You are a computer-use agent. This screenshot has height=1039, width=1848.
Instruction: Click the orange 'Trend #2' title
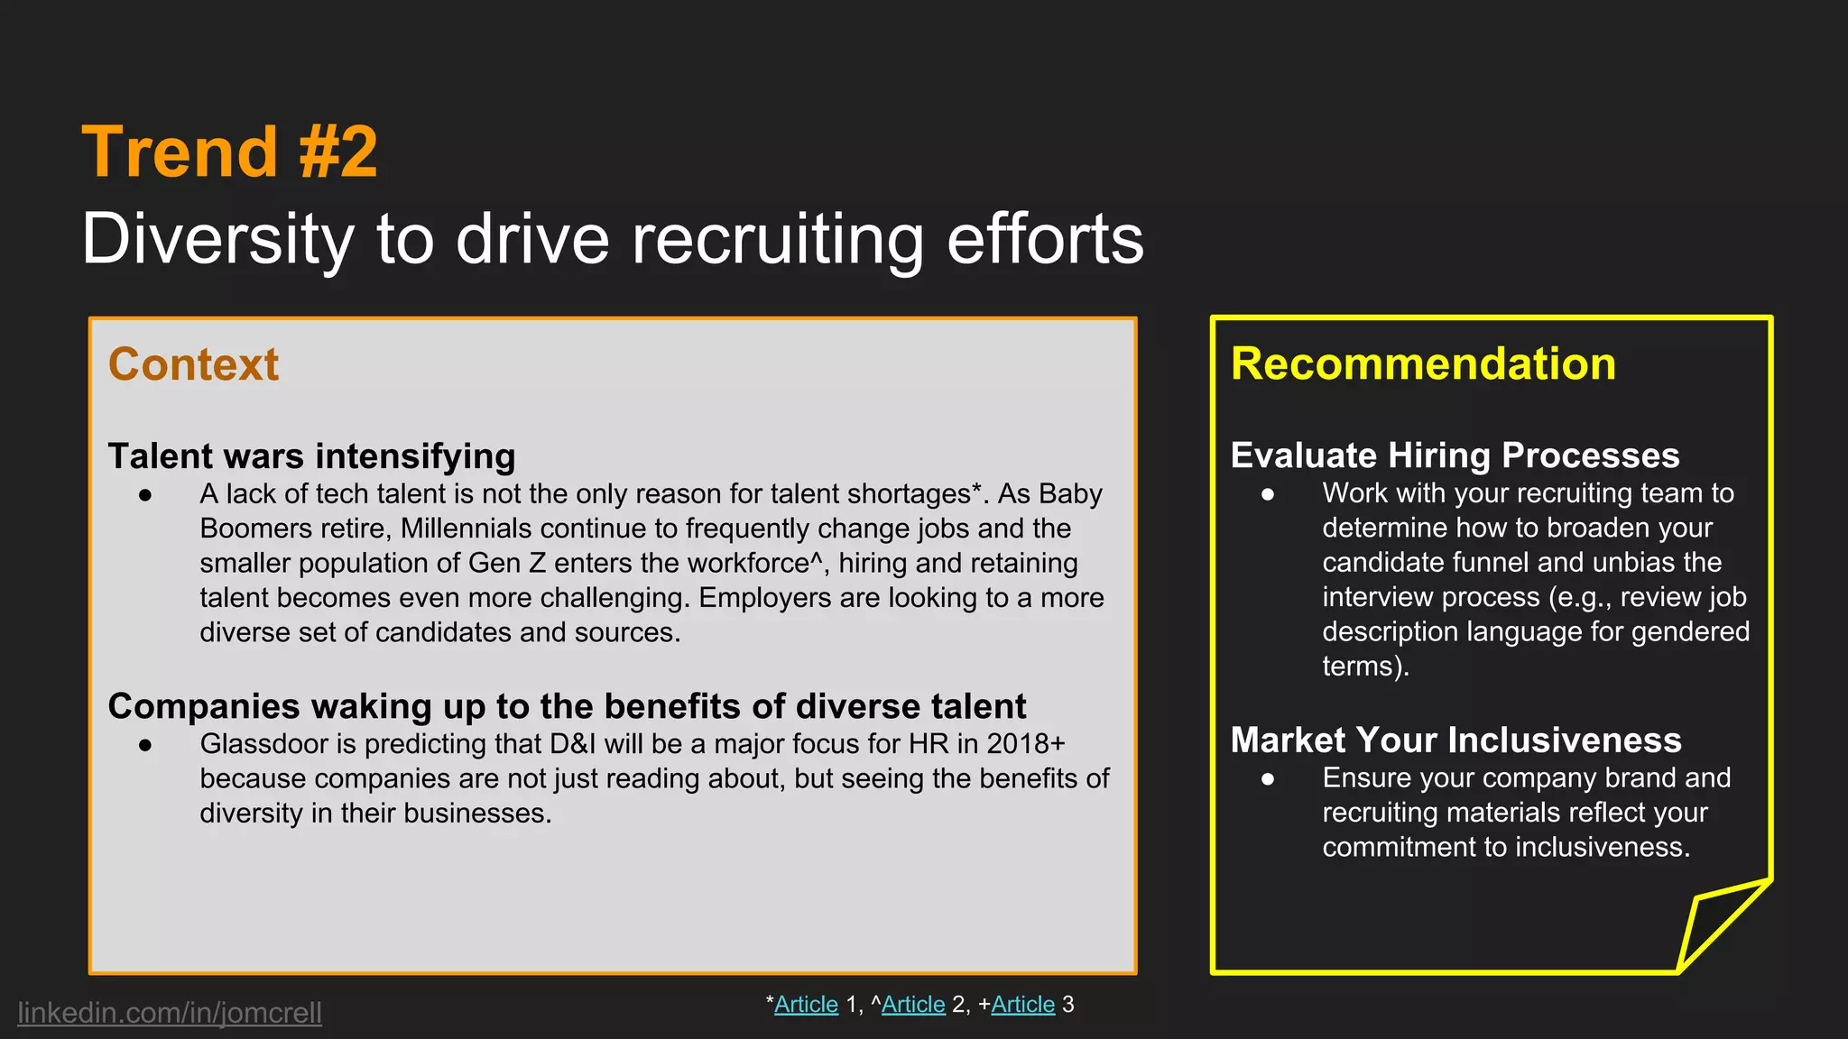coord(229,152)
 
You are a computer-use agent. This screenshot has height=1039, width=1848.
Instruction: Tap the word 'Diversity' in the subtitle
coord(217,239)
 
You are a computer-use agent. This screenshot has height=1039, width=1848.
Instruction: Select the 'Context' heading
coord(193,364)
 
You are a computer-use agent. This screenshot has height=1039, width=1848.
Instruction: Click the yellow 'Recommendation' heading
coord(1423,364)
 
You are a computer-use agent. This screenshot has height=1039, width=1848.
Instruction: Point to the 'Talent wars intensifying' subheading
coord(311,456)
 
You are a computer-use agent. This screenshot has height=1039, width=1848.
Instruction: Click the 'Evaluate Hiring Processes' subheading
coord(1455,455)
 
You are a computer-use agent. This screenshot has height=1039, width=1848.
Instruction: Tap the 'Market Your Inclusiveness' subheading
coord(1455,740)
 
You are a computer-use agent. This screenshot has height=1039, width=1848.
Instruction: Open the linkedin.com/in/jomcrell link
coord(170,1013)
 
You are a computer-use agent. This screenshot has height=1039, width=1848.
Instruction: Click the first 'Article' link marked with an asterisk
coord(806,1005)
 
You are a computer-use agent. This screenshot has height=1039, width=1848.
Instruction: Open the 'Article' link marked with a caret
coord(913,1005)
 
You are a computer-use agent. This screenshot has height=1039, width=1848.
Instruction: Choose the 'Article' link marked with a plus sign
coord(1022,1005)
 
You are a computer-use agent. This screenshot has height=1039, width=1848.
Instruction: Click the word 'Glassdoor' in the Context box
coord(267,744)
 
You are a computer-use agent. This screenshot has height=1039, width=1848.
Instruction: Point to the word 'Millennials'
coord(466,529)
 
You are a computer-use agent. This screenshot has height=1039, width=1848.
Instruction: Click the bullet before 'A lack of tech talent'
coord(145,495)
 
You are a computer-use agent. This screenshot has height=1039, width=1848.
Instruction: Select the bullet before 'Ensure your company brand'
coord(1268,778)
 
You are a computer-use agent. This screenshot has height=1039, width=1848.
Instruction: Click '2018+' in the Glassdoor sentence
coord(1026,744)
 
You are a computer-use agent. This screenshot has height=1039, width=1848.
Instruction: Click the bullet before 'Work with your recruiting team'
coord(1268,494)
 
